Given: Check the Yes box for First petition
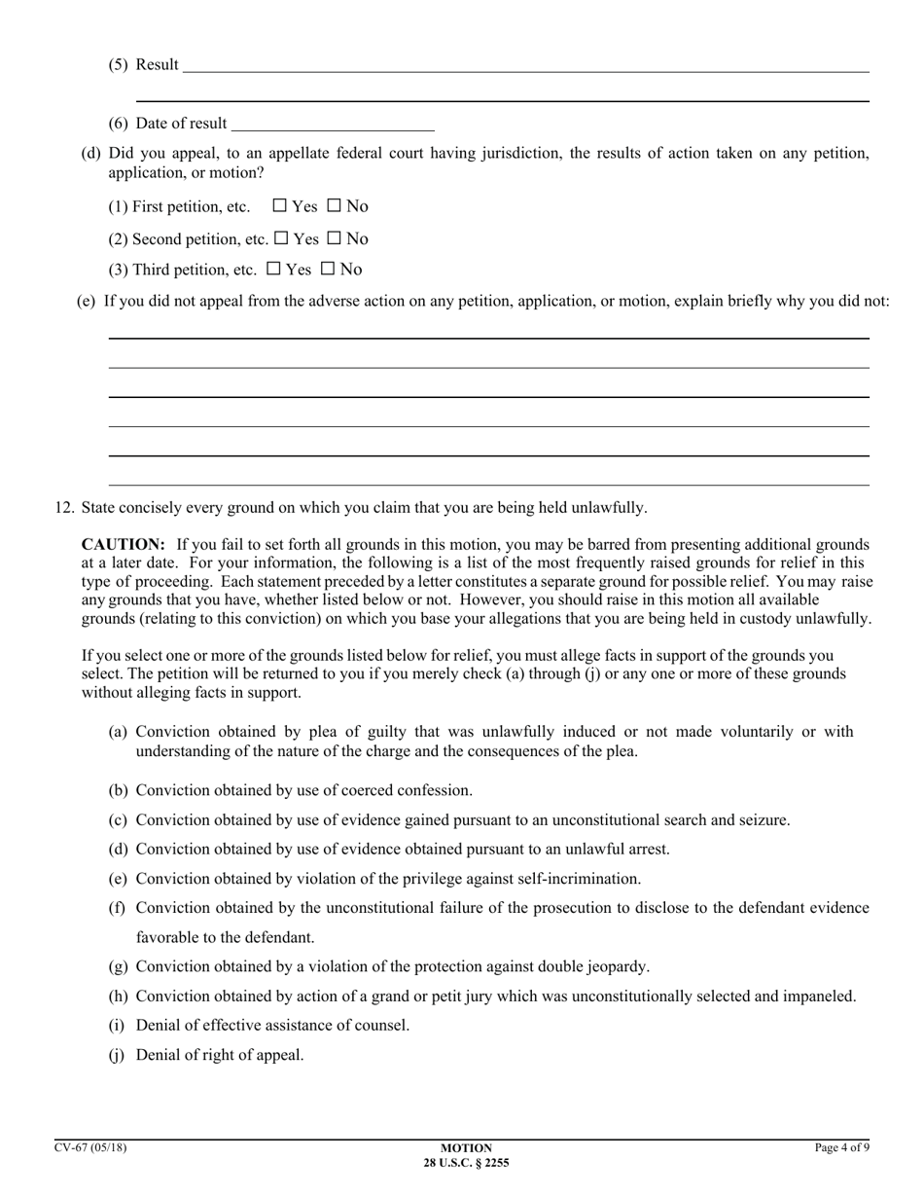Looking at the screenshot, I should (280, 206).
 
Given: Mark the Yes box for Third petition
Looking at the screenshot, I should (274, 270).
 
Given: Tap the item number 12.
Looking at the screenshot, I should (64, 508).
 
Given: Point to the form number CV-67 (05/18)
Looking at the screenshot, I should (90, 1148).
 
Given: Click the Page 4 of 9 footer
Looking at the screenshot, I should (841, 1148).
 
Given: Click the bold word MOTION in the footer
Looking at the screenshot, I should (466, 1148).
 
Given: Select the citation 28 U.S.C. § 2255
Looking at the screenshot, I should (466, 1163).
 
